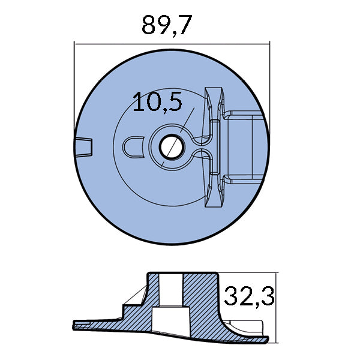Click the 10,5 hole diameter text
[x=157, y=103]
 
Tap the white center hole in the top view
[x=170, y=145]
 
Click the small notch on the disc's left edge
[x=85, y=145]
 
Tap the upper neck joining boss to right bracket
[x=202, y=134]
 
